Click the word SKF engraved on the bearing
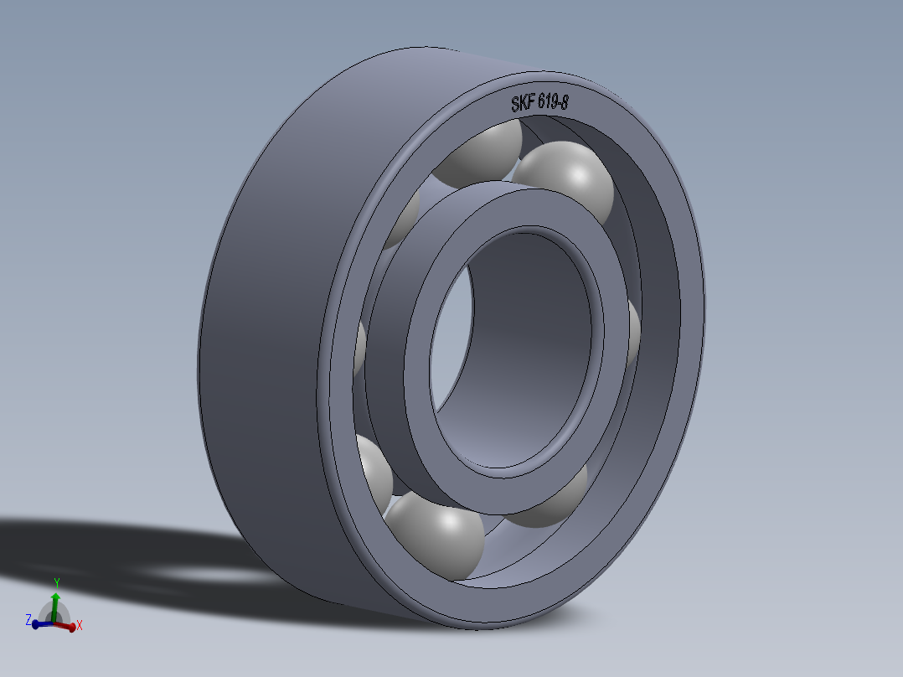524,105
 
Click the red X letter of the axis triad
80,625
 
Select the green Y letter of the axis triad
56,581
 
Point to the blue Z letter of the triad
28,620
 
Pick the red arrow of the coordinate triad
67,625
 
